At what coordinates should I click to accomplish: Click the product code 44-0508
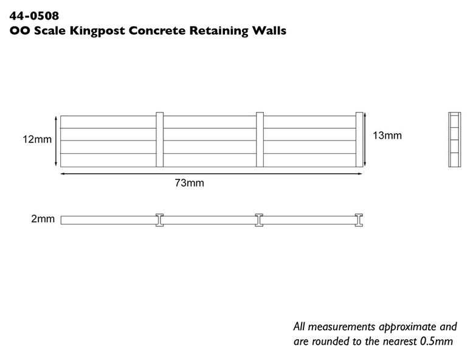(34, 16)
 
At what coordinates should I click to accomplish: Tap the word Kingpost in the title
(97, 31)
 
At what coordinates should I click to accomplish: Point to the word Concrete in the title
(157, 30)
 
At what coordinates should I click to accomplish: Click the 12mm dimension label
(37, 139)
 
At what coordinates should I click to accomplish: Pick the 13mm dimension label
(387, 136)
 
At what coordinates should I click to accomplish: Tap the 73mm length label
(190, 183)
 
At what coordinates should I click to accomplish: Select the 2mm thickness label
(43, 219)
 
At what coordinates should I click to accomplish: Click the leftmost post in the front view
(159, 140)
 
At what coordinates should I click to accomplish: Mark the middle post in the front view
(260, 140)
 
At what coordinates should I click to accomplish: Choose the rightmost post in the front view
(359, 140)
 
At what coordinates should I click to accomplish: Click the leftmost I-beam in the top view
(159, 220)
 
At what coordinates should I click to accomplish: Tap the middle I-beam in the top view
(259, 220)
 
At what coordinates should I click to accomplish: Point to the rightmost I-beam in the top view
(359, 220)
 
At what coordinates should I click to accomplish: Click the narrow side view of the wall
(454, 139)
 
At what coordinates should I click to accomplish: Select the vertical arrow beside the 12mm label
(56, 141)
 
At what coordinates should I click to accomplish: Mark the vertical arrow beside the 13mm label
(365, 139)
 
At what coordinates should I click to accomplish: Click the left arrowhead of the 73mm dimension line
(63, 174)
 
